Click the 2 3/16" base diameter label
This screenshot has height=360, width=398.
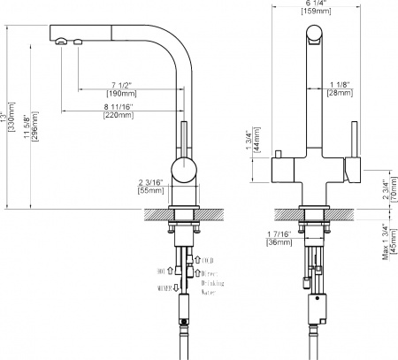150,181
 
